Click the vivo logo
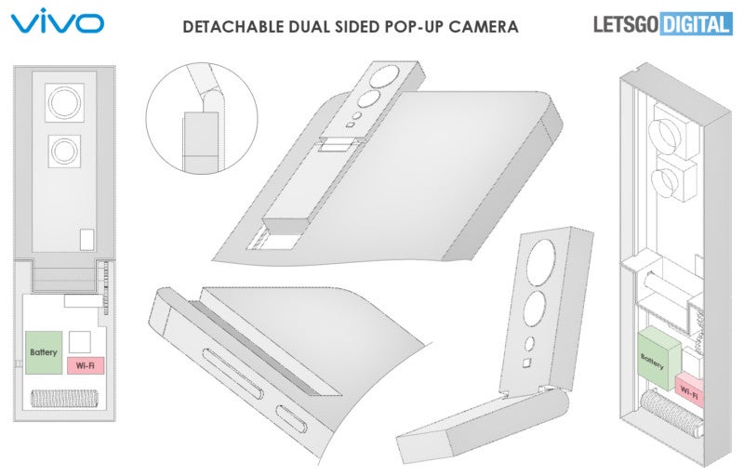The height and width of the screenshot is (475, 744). point(57,20)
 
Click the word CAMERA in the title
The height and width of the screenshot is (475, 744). point(483,27)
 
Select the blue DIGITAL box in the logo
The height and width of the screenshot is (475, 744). point(696,24)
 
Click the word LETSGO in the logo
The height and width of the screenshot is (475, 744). point(626,24)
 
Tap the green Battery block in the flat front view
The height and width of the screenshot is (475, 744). point(44,352)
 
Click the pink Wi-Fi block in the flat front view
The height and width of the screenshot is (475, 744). point(86,366)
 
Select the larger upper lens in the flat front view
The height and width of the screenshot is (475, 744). point(64,102)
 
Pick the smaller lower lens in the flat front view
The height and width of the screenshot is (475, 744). point(64,151)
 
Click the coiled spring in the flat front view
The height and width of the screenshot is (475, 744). point(64,399)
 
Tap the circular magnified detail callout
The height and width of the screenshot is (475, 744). point(202,118)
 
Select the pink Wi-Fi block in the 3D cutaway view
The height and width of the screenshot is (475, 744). point(689,389)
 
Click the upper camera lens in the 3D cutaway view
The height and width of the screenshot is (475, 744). point(665,132)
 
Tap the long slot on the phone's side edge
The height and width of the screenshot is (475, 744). point(233,373)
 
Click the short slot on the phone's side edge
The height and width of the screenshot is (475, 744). point(292,419)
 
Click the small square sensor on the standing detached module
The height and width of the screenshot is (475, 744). point(526,363)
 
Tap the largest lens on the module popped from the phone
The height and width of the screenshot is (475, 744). point(385,76)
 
